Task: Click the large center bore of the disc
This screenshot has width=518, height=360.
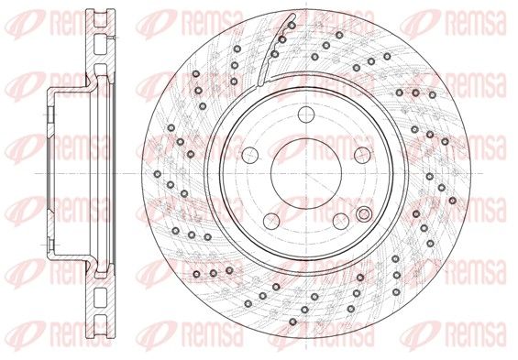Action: pyautogui.click(x=306, y=173)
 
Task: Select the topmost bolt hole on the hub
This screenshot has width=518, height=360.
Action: pyautogui.click(x=306, y=115)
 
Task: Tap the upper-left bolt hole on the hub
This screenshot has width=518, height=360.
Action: pyautogui.click(x=250, y=155)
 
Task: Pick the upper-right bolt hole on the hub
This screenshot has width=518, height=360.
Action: pyautogui.click(x=362, y=155)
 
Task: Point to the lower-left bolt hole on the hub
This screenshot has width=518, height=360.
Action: pyautogui.click(x=271, y=221)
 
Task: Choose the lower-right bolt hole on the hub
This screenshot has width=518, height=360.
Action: pyautogui.click(x=341, y=221)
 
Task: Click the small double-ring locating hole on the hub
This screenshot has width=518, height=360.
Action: pyautogui.click(x=364, y=214)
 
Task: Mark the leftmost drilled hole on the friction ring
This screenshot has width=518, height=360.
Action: pyautogui.click(x=158, y=173)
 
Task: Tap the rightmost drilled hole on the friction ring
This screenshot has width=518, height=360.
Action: pyautogui.click(x=453, y=201)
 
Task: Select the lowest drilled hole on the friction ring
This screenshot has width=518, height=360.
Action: pyautogui.click(x=292, y=322)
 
